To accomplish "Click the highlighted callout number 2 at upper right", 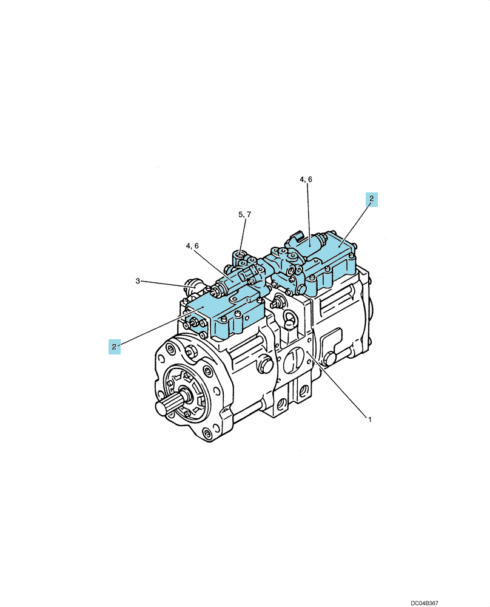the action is (x=371, y=199).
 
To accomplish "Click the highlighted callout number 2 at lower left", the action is (x=114, y=347).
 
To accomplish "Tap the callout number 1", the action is (x=370, y=419).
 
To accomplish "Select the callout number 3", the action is (x=138, y=281).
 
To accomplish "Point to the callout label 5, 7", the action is (x=244, y=214).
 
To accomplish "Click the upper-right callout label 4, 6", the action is (x=306, y=179).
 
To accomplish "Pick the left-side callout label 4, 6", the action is (x=192, y=246).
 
